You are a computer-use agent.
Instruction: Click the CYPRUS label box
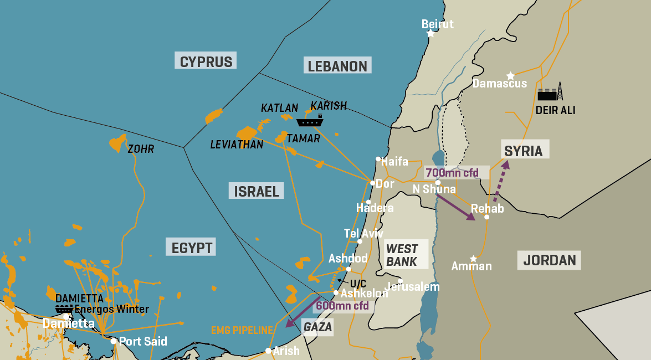tap(206, 61)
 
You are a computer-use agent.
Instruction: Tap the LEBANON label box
tap(337, 66)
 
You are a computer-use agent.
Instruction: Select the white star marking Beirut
tap(430, 34)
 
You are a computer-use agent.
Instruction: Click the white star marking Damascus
tap(510, 75)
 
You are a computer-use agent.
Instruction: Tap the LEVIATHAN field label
tap(237, 145)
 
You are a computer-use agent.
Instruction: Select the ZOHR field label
tap(141, 149)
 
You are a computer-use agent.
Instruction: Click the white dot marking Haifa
tap(378, 159)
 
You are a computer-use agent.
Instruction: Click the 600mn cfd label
tap(342, 305)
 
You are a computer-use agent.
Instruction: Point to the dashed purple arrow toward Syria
tap(499, 178)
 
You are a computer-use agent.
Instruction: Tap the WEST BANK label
tap(402, 255)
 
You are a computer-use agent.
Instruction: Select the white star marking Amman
tap(473, 259)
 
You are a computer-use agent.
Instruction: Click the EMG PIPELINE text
tap(242, 331)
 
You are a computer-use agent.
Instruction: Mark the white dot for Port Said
tap(114, 341)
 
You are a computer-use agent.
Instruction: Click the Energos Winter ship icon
tap(64, 308)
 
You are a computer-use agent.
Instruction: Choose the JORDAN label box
tap(549, 259)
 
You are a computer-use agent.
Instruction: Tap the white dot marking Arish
tap(268, 351)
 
